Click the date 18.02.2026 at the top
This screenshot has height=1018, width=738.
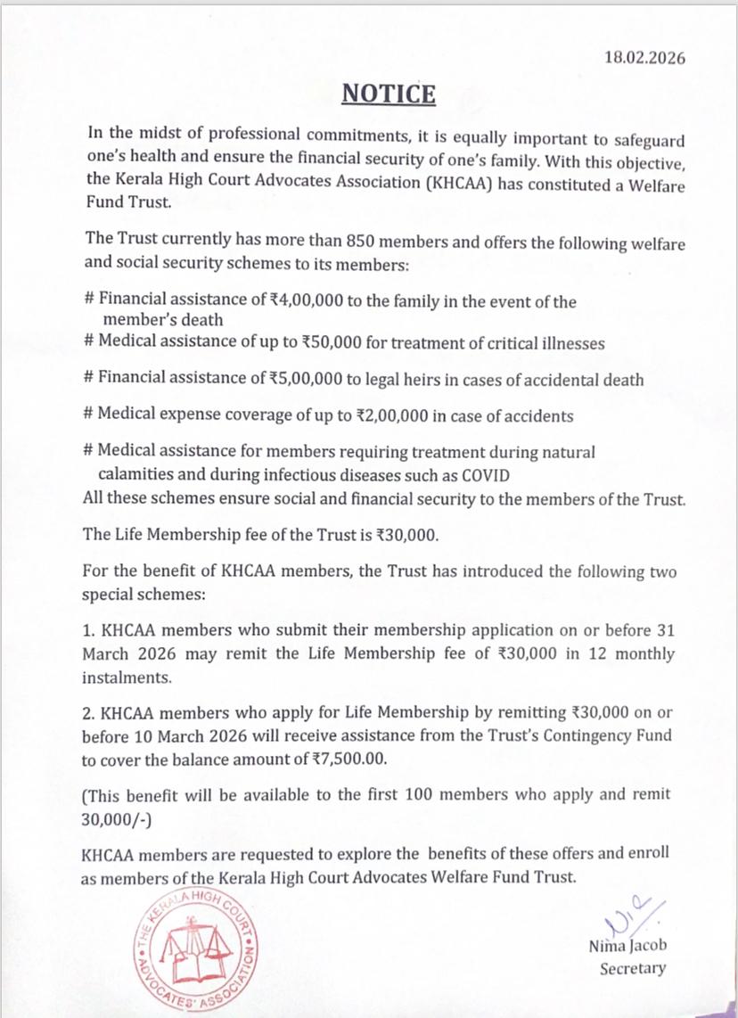point(644,60)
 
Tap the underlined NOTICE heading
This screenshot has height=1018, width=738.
point(389,94)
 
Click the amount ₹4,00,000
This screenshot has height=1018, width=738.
point(305,301)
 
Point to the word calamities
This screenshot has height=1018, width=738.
point(132,476)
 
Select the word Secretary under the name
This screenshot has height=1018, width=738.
point(632,969)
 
